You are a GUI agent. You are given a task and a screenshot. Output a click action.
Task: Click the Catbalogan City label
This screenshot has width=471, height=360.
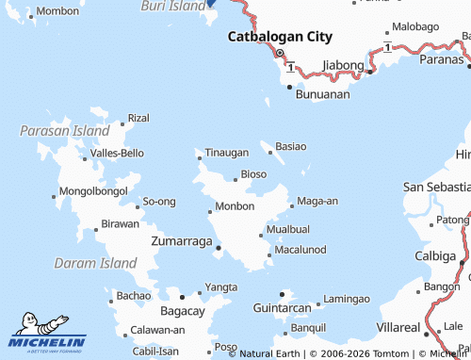[x=281, y=37]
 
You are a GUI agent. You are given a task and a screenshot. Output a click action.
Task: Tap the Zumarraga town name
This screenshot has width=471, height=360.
[x=181, y=242]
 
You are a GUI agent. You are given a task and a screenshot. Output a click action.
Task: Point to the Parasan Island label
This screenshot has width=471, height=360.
[x=64, y=131]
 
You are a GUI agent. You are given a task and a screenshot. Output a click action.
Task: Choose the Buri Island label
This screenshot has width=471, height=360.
[x=172, y=6]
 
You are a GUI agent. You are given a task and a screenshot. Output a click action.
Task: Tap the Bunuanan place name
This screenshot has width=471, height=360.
[x=322, y=94]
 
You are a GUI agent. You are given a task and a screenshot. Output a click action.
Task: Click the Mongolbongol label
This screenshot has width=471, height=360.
[x=92, y=191]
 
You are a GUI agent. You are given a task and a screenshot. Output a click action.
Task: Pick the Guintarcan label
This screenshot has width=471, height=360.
[x=283, y=308]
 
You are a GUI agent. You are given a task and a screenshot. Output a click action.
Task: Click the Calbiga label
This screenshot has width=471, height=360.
[x=435, y=255]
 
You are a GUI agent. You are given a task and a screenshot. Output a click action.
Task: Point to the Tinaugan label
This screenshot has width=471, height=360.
[x=226, y=152]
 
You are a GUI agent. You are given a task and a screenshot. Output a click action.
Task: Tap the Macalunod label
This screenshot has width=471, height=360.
[x=300, y=249]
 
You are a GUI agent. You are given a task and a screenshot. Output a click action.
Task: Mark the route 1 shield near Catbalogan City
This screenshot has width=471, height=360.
[x=292, y=66]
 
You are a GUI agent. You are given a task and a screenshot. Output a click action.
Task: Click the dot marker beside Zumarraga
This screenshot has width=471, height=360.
[x=219, y=249]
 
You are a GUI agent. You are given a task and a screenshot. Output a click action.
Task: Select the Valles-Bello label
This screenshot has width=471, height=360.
[x=117, y=153]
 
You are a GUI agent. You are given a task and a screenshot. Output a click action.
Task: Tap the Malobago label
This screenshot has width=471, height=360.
[x=414, y=27]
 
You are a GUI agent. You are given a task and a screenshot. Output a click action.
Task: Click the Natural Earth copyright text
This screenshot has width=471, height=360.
[x=269, y=353]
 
